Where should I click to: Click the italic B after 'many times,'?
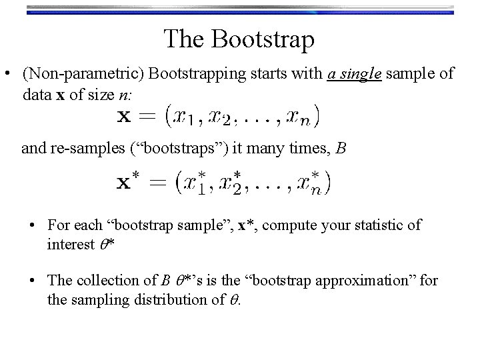tap(341, 148)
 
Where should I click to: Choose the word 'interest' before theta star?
tap(70, 244)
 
